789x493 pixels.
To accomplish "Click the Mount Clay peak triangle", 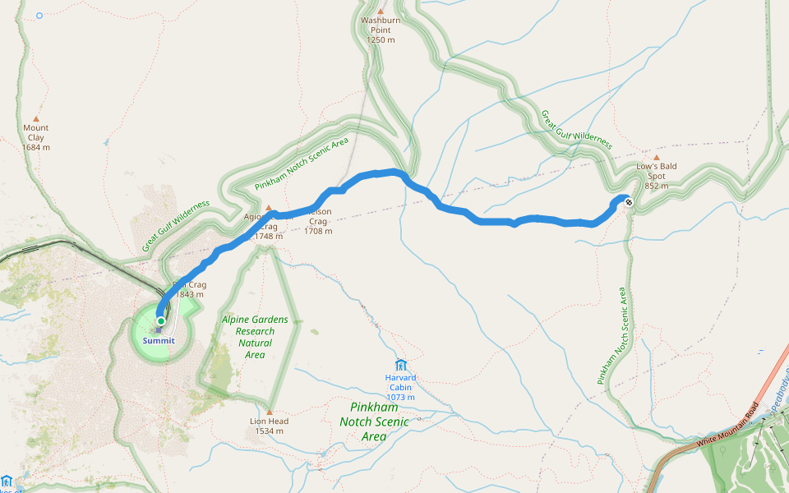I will [x=35, y=118].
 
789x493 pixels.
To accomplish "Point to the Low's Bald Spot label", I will [x=656, y=171].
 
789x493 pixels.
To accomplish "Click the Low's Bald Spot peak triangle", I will [x=656, y=157].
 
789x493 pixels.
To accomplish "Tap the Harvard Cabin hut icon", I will [x=401, y=365].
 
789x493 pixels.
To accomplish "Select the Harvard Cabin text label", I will [x=401, y=383].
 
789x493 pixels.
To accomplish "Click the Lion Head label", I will [x=269, y=422].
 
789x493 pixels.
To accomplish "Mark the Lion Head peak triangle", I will [x=269, y=411].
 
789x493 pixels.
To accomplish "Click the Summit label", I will [x=158, y=340].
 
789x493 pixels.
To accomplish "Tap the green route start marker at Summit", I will [x=161, y=320].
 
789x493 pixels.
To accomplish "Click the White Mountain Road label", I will [x=728, y=430].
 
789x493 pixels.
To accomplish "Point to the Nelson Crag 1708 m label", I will [x=318, y=222].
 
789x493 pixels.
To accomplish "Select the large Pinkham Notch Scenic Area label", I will [x=374, y=422].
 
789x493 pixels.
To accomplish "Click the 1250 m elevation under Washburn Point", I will [x=381, y=39].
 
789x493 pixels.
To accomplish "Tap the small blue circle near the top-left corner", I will [x=39, y=15].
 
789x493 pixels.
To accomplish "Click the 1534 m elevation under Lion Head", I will [x=269, y=431].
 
